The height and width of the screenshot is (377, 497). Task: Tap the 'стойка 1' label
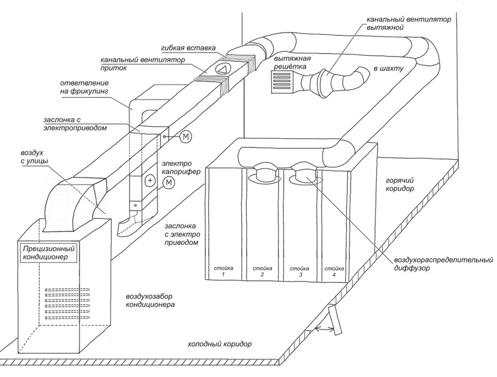[x=223, y=271]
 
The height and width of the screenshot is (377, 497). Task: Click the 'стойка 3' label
[x=296, y=271]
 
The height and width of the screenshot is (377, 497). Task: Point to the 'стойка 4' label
[x=331, y=271]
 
